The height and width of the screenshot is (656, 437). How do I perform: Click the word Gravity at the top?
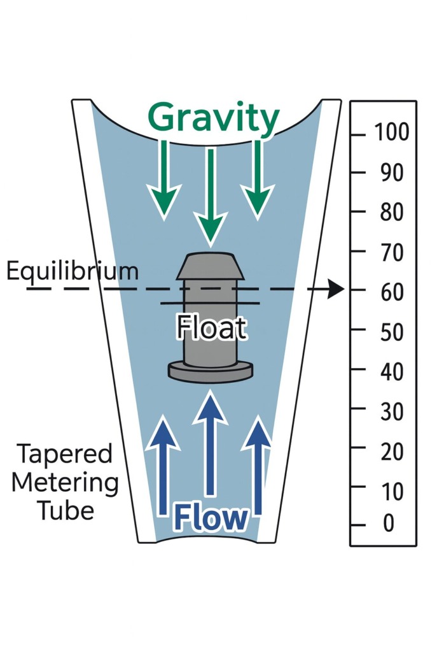point(213,118)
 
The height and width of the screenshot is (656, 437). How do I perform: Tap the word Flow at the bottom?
point(211,518)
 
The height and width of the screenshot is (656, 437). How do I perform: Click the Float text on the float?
point(211,329)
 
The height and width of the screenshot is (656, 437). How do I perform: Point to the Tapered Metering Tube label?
point(65,482)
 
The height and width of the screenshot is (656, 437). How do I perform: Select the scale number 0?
point(387,524)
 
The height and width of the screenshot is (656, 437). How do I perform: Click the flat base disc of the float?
point(210,371)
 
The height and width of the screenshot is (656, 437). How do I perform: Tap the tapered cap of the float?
point(210,267)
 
